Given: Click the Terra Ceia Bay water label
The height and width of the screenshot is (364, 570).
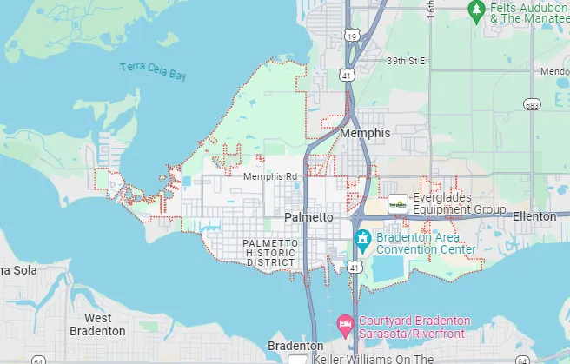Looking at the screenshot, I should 153,71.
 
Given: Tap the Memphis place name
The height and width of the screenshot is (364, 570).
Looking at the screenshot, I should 366,134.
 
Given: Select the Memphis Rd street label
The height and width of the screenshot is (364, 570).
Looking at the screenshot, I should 270,176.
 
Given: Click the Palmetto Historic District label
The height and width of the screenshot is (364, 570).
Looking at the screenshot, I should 271,252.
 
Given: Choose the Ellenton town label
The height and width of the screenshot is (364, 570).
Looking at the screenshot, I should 534,215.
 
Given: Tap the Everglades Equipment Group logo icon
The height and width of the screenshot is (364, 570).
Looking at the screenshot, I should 398,203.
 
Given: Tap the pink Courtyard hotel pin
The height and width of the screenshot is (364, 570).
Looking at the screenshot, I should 345,325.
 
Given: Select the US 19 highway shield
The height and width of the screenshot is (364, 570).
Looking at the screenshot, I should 351,36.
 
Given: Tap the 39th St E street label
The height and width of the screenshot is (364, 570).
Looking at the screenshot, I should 408,61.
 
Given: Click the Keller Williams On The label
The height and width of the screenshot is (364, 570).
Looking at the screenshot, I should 373,359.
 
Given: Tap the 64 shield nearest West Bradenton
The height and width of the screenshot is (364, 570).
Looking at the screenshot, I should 38,360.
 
